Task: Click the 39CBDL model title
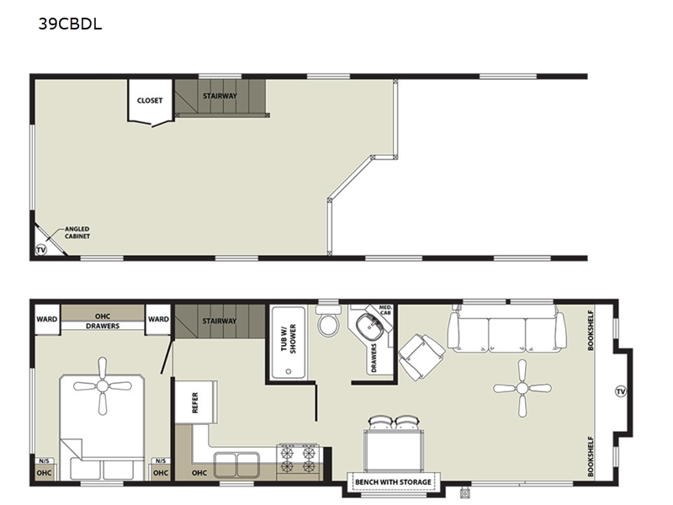pyautogui.click(x=70, y=24)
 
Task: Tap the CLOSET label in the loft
pyautogui.click(x=150, y=100)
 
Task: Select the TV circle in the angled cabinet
pyautogui.click(x=40, y=249)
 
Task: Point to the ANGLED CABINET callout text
pyautogui.click(x=77, y=232)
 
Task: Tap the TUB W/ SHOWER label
pyautogui.click(x=289, y=339)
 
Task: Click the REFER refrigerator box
pyautogui.click(x=196, y=402)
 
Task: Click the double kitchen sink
pyautogui.click(x=236, y=465)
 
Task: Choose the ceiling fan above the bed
pyautogui.click(x=102, y=386)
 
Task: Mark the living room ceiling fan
pyautogui.click(x=522, y=389)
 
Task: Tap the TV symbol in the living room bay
pyautogui.click(x=621, y=391)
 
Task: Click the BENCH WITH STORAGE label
pyautogui.click(x=393, y=481)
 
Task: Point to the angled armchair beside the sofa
pyautogui.click(x=421, y=357)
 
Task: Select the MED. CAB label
pyautogui.click(x=385, y=310)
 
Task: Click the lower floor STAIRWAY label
pyautogui.click(x=220, y=321)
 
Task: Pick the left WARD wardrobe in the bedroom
pyautogui.click(x=47, y=319)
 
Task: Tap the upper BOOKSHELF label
pyautogui.click(x=591, y=330)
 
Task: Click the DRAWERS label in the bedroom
pyautogui.click(x=103, y=326)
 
